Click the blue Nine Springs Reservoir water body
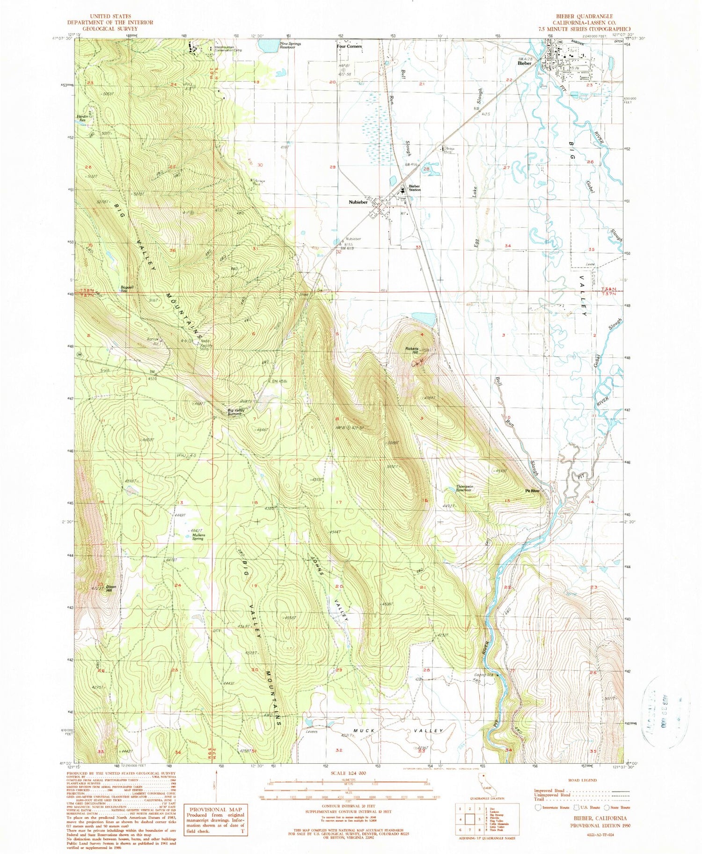pyautogui.click(x=267, y=46)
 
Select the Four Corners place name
pyautogui.click(x=349, y=46)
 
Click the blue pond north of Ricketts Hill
pyautogui.click(x=424, y=319)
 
